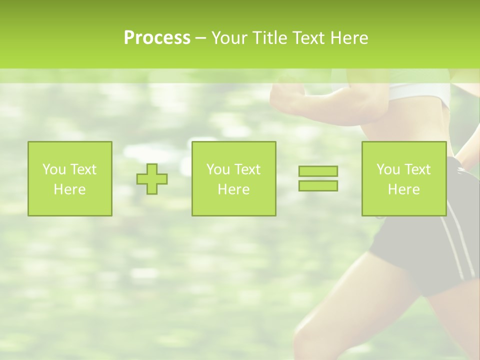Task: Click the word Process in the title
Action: coord(157,38)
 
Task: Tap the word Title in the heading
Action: coord(268,38)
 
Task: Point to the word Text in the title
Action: coord(307,38)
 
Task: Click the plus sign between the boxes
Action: coord(152,179)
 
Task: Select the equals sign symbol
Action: coord(318,178)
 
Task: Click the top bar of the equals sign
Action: coord(318,171)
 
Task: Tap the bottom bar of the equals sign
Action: coord(318,185)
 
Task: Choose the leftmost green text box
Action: coord(70,179)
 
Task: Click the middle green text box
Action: coord(233,179)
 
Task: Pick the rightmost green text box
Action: coord(404,179)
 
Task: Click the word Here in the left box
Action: coord(69,189)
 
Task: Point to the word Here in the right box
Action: coord(403,189)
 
